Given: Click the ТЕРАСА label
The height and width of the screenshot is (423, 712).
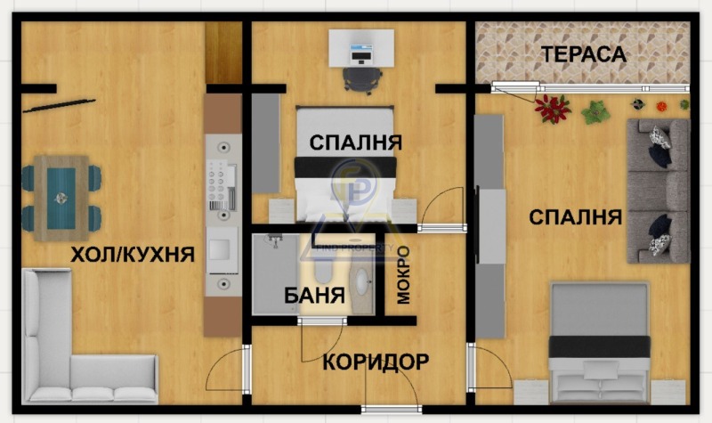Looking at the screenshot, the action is click(584, 54).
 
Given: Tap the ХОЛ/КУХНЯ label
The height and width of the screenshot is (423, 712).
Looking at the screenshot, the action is click(133, 255).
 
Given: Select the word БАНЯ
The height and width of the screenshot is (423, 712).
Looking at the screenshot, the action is click(314, 296).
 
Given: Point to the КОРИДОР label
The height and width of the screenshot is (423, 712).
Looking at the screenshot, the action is click(376, 362).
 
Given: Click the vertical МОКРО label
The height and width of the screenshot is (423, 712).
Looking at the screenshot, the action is click(403, 275).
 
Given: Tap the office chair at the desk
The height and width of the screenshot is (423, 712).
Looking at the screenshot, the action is click(361, 80).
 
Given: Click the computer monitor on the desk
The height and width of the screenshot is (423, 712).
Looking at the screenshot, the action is click(361, 53).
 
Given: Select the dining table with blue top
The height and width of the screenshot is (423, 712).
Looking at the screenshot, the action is click(61, 198).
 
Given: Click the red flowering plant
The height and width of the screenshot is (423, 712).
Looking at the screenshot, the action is click(553, 109).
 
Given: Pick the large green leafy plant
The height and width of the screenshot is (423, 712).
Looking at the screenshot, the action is click(595, 112).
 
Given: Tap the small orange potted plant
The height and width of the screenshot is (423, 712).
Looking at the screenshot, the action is click(661, 106).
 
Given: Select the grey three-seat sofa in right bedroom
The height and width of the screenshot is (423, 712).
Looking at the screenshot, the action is click(659, 191).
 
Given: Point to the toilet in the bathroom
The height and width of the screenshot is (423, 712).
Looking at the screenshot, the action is click(323, 269).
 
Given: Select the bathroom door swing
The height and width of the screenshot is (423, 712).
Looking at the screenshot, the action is click(322, 340).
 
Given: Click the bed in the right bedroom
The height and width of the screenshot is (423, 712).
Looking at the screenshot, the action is click(599, 343).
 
